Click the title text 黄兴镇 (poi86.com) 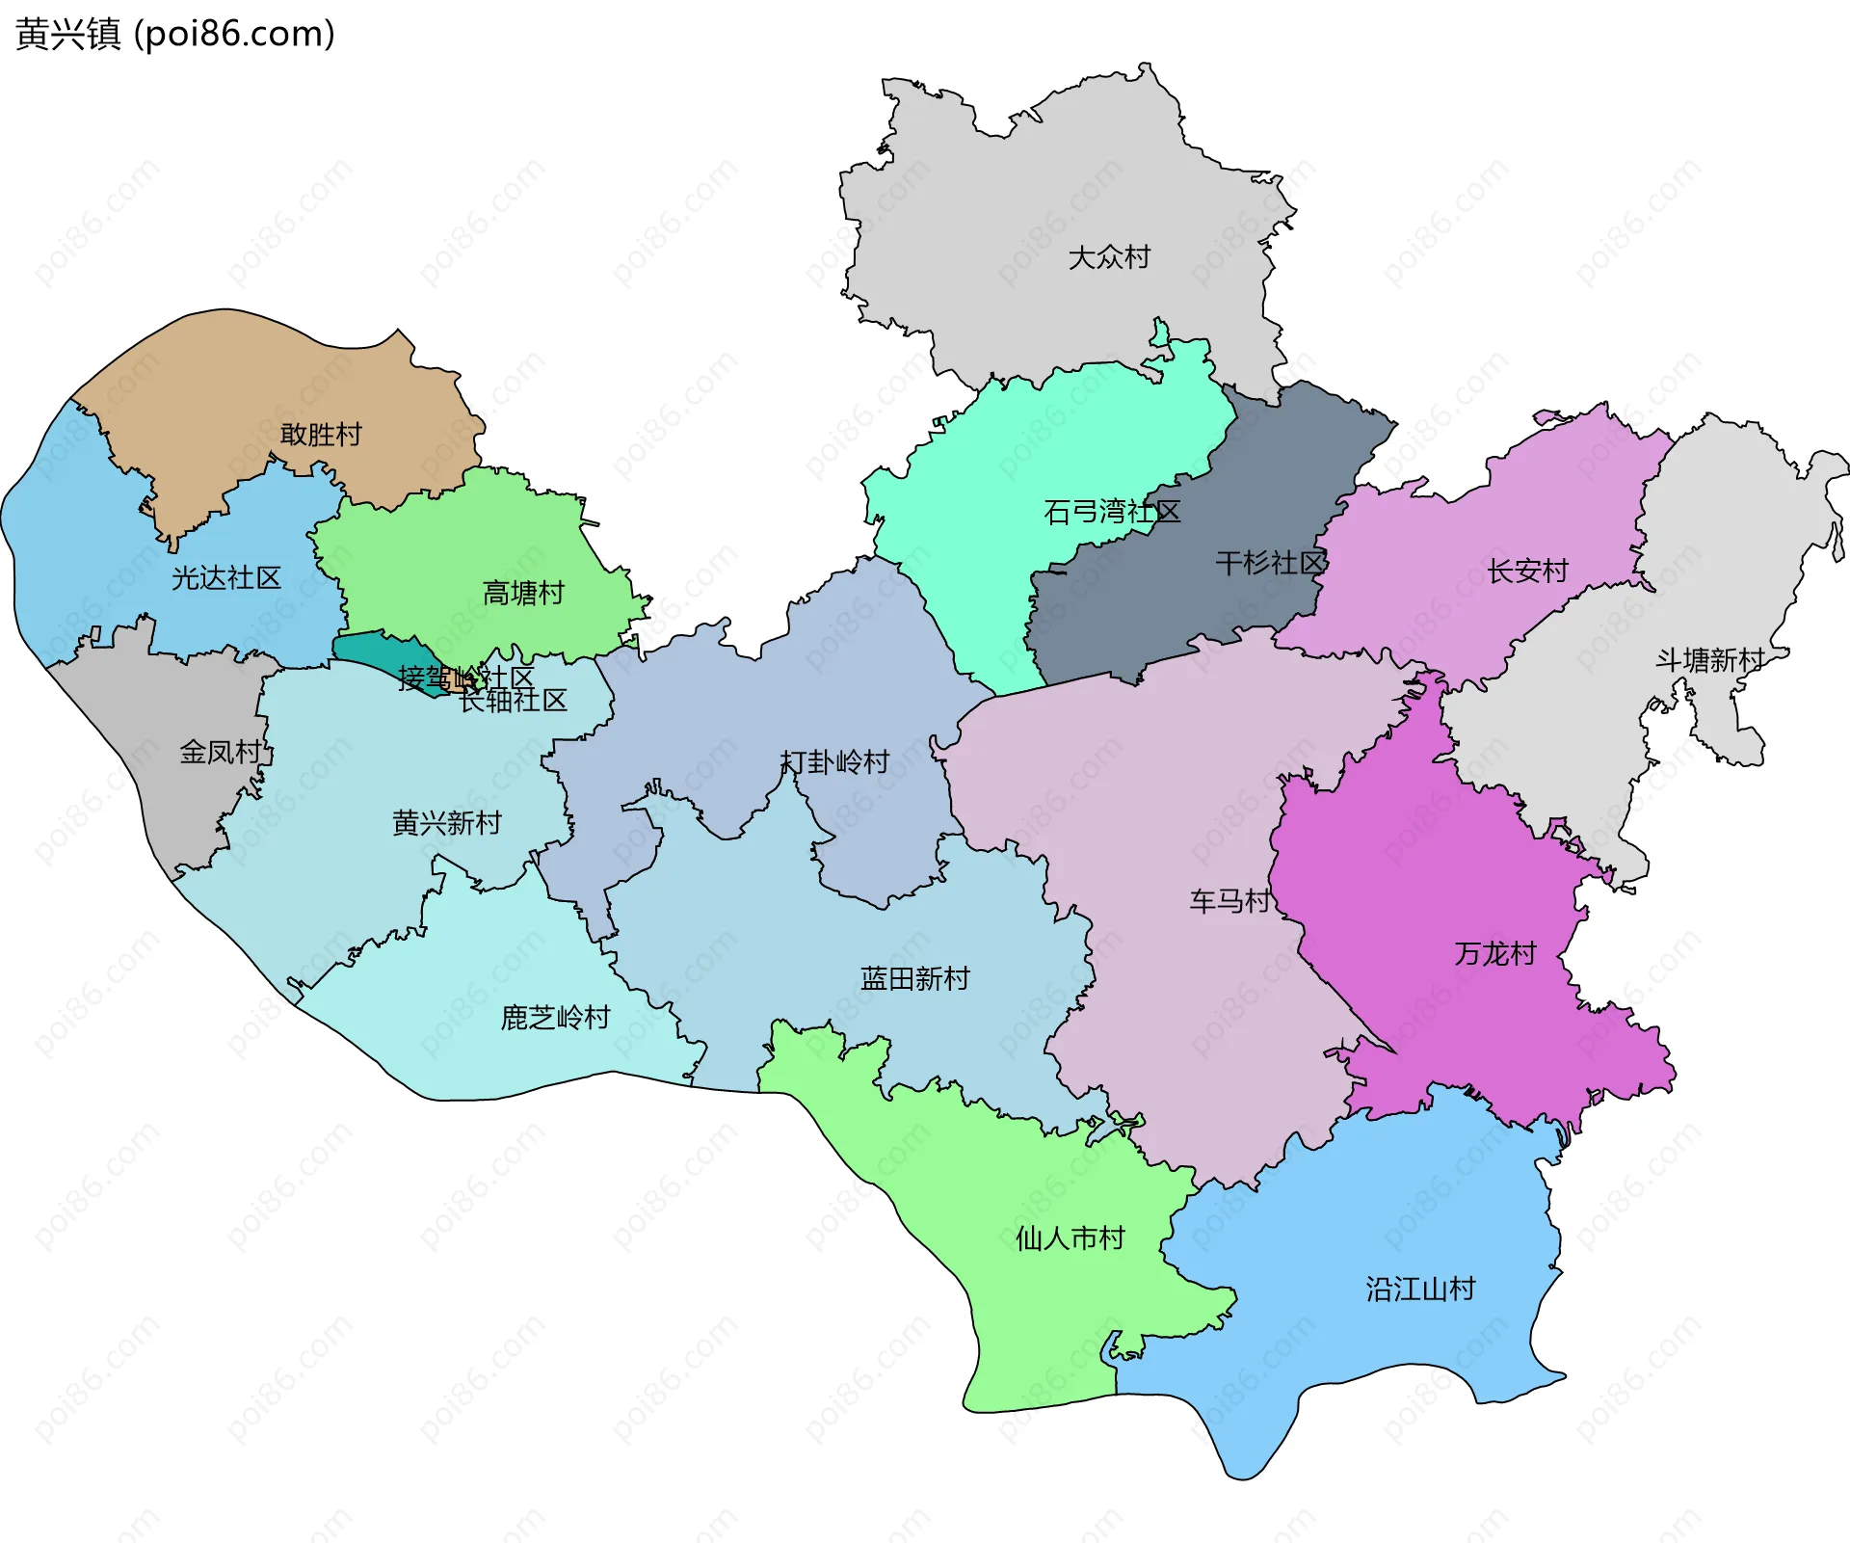click(x=175, y=34)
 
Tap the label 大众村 click(x=1109, y=257)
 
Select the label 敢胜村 click(x=321, y=435)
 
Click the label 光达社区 click(x=226, y=578)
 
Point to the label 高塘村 click(x=523, y=593)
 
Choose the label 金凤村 click(x=221, y=752)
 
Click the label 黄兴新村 click(x=447, y=823)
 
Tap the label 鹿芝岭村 click(x=555, y=1018)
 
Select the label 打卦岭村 click(x=834, y=762)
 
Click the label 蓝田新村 click(x=914, y=979)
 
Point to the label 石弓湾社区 click(x=1112, y=512)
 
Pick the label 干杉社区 click(x=1271, y=563)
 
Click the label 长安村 click(x=1527, y=572)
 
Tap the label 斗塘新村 click(x=1709, y=660)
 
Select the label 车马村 click(x=1229, y=901)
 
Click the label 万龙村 click(x=1494, y=954)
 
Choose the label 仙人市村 click(x=1070, y=1238)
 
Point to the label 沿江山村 click(x=1420, y=1290)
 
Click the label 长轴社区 click(x=514, y=701)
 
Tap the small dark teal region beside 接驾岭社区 click(x=376, y=651)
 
